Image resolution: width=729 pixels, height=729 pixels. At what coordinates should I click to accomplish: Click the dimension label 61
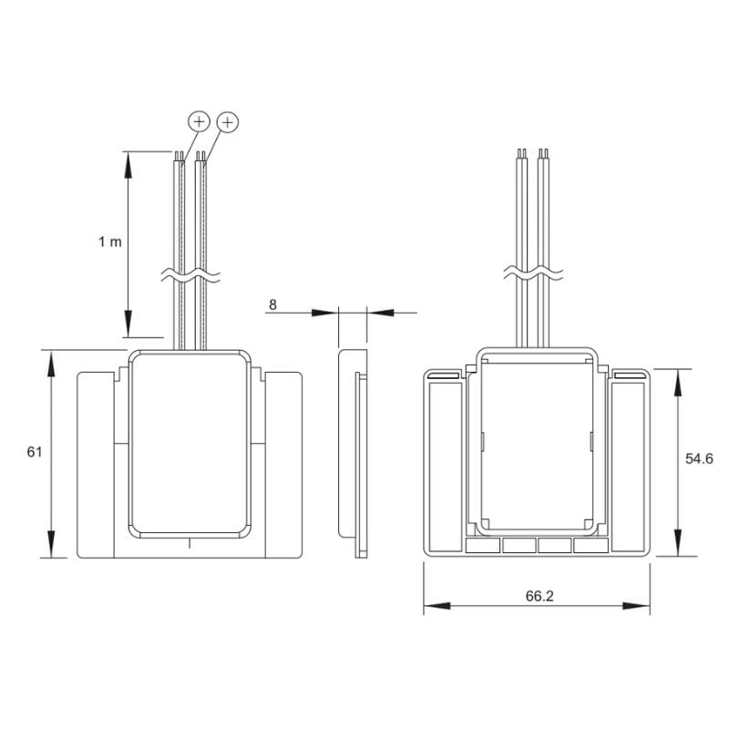pyautogui.click(x=35, y=452)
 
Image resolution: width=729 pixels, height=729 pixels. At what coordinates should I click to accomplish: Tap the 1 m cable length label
pyautogui.click(x=109, y=241)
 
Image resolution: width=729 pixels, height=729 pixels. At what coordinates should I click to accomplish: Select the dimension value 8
pyautogui.click(x=272, y=304)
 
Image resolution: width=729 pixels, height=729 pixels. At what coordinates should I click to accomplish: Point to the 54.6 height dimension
pyautogui.click(x=699, y=459)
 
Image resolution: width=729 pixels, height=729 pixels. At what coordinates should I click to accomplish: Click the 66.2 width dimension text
pyautogui.click(x=539, y=596)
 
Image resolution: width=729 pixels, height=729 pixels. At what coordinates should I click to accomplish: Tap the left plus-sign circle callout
pyautogui.click(x=199, y=122)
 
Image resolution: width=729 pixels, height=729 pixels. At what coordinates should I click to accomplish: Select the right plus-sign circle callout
pyautogui.click(x=227, y=122)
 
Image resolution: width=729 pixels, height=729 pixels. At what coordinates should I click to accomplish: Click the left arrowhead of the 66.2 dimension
pyautogui.click(x=437, y=606)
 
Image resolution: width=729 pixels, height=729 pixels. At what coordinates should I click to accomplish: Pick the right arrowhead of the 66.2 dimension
pyautogui.click(x=636, y=606)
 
